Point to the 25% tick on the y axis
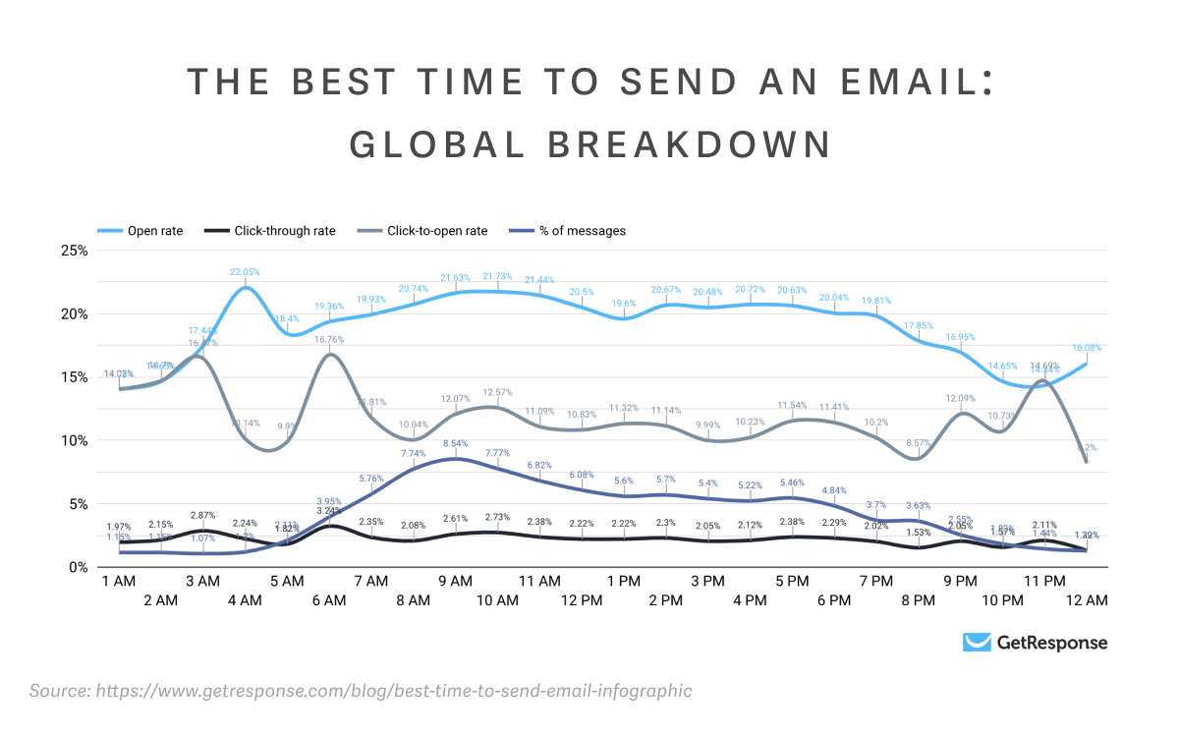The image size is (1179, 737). click(x=75, y=251)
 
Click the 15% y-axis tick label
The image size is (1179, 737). click(x=75, y=377)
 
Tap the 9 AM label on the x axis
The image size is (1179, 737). click(x=455, y=582)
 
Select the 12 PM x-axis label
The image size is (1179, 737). click(x=582, y=600)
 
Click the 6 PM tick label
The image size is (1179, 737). click(x=834, y=600)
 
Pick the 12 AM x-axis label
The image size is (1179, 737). click(x=1087, y=600)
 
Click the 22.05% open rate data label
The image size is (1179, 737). click(x=246, y=272)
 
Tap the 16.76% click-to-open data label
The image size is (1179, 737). click(x=330, y=339)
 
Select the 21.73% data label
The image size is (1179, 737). click(x=497, y=277)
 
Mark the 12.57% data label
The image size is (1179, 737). click(x=497, y=392)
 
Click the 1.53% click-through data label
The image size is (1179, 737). click(x=919, y=534)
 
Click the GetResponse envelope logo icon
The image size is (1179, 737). click(x=976, y=643)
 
